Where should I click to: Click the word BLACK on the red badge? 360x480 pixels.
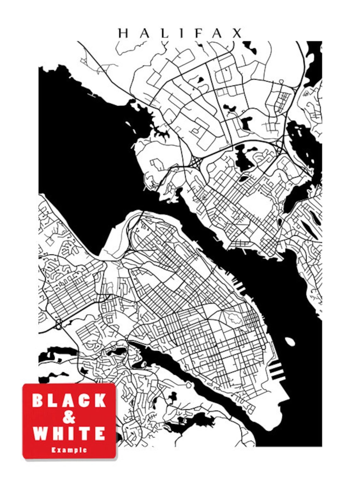[69, 401]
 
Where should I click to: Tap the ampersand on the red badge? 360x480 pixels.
[69, 417]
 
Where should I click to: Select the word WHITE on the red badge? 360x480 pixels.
[69, 433]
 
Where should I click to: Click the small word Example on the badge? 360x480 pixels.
[69, 449]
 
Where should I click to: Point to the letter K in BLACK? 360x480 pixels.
[99, 401]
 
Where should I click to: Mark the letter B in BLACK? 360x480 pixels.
[38, 401]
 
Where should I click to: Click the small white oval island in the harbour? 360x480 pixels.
[290, 341]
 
